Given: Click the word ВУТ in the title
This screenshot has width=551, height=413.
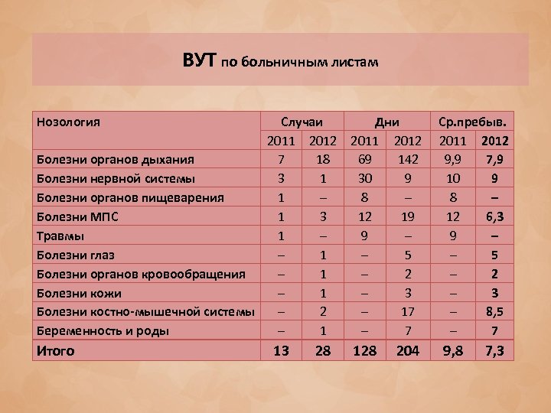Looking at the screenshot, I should pyautogui.click(x=201, y=60).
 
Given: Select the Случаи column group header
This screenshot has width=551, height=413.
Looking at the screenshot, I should pyautogui.click(x=302, y=122).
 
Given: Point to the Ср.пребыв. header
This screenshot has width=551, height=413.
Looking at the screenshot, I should pyautogui.click(x=475, y=122).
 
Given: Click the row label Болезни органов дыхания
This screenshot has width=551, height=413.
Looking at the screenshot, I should pyautogui.click(x=116, y=160).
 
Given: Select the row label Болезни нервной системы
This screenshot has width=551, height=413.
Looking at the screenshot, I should pyautogui.click(x=116, y=179).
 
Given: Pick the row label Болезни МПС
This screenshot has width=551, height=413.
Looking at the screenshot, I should pyautogui.click(x=77, y=217).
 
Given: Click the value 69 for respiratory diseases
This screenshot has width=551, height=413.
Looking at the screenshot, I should pyautogui.click(x=366, y=160).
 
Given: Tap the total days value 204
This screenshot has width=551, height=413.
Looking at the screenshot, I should pyautogui.click(x=406, y=351).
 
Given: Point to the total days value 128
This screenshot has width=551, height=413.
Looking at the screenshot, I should pyautogui.click(x=365, y=351).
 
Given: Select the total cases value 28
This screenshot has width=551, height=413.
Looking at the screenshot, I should pyautogui.click(x=324, y=351).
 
